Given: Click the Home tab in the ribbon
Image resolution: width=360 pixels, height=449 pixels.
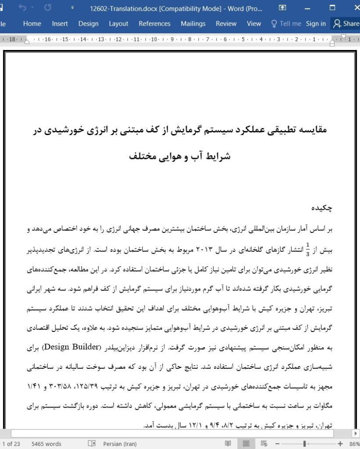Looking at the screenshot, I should tap(32, 24).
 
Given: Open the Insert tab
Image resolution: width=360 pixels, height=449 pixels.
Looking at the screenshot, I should tap(60, 24).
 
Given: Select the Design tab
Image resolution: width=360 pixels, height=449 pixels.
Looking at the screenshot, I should tap(88, 24).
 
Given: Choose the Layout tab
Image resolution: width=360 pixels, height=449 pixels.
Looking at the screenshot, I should tap(118, 24).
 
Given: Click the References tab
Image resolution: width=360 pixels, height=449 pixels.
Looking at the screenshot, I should tap(154, 24).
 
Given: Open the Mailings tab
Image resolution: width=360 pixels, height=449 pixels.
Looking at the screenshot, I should tap(193, 24).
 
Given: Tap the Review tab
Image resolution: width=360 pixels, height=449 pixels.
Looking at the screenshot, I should tap(226, 24).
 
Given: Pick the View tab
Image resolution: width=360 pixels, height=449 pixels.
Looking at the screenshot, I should tap(254, 24).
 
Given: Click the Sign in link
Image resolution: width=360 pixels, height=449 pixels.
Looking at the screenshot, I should tap(315, 24).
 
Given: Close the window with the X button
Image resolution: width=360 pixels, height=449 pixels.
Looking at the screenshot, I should tap(353, 8).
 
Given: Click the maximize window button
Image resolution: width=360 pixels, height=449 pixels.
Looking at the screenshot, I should tap(333, 8).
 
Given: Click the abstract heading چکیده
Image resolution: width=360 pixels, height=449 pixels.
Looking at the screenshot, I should tap(322, 209).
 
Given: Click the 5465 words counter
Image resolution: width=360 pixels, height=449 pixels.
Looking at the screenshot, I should tap(46, 444).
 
